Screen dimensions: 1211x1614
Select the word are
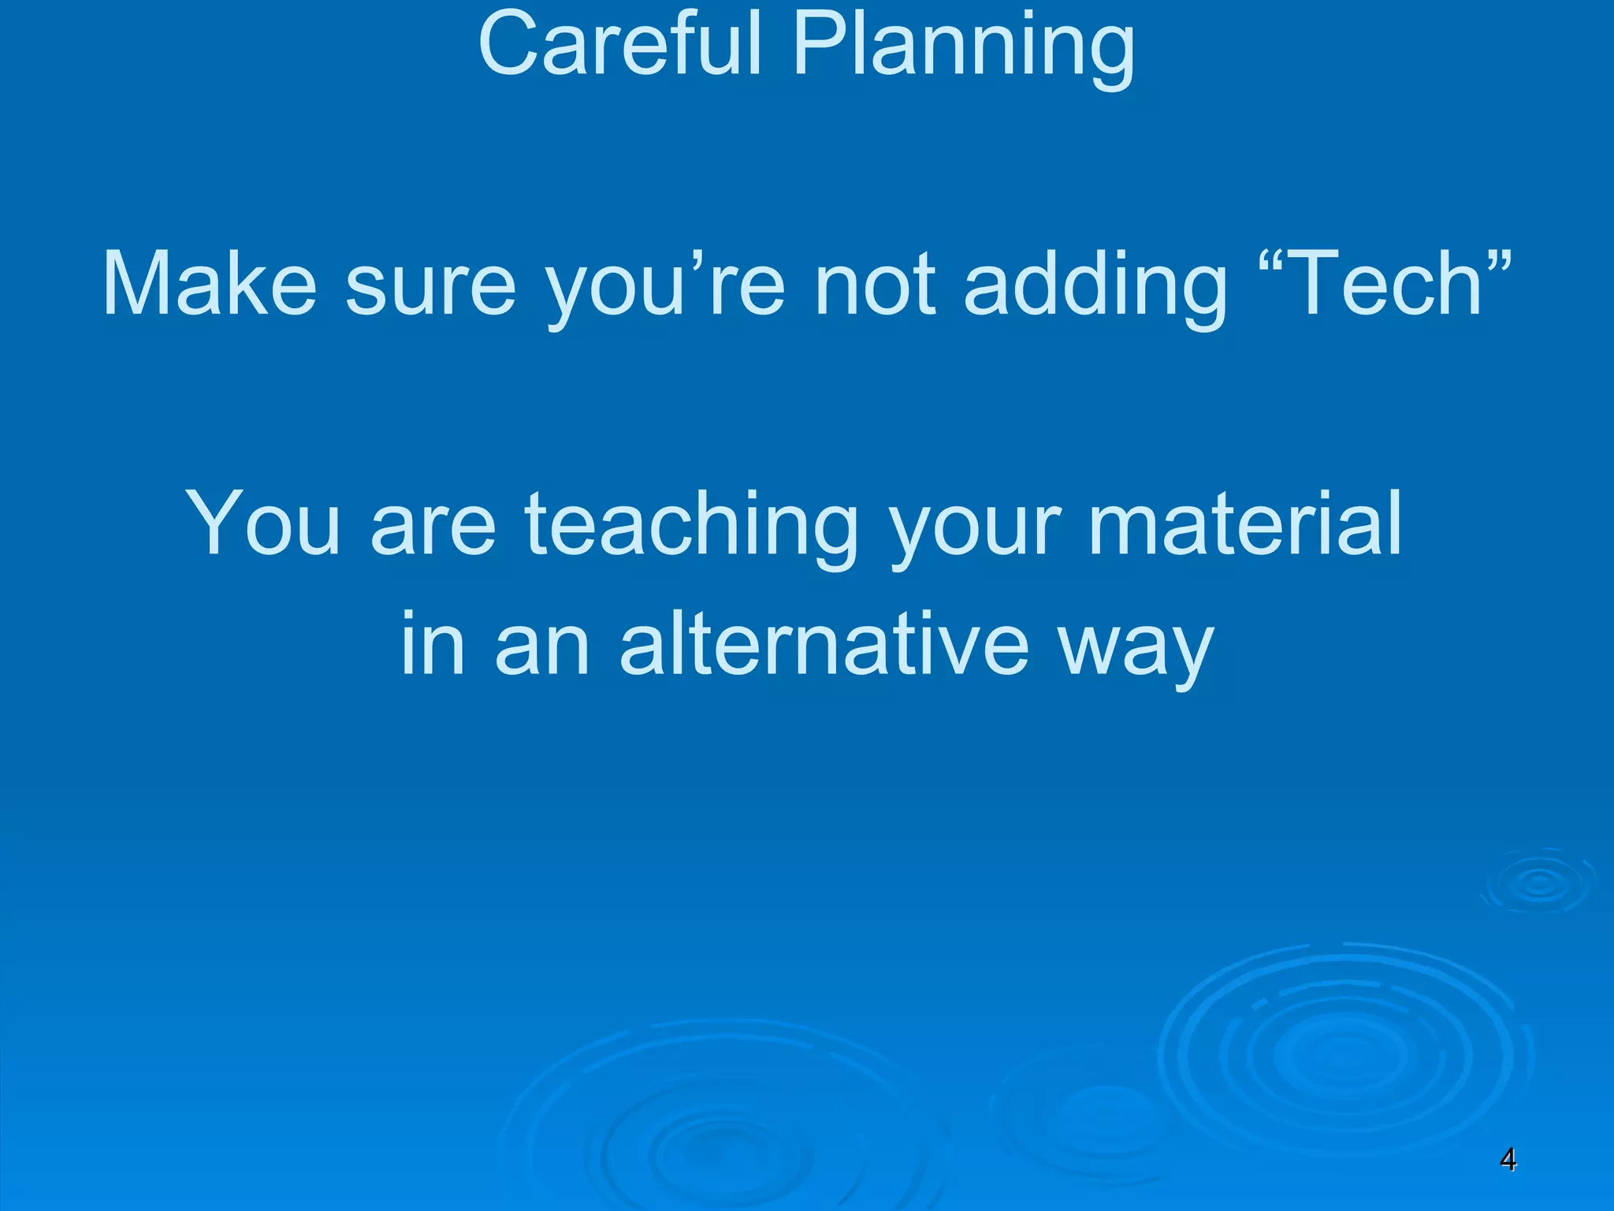(x=433, y=527)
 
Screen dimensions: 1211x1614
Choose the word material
(x=1245, y=524)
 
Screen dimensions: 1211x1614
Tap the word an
(x=542, y=648)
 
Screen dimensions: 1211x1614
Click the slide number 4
(x=1507, y=1160)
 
